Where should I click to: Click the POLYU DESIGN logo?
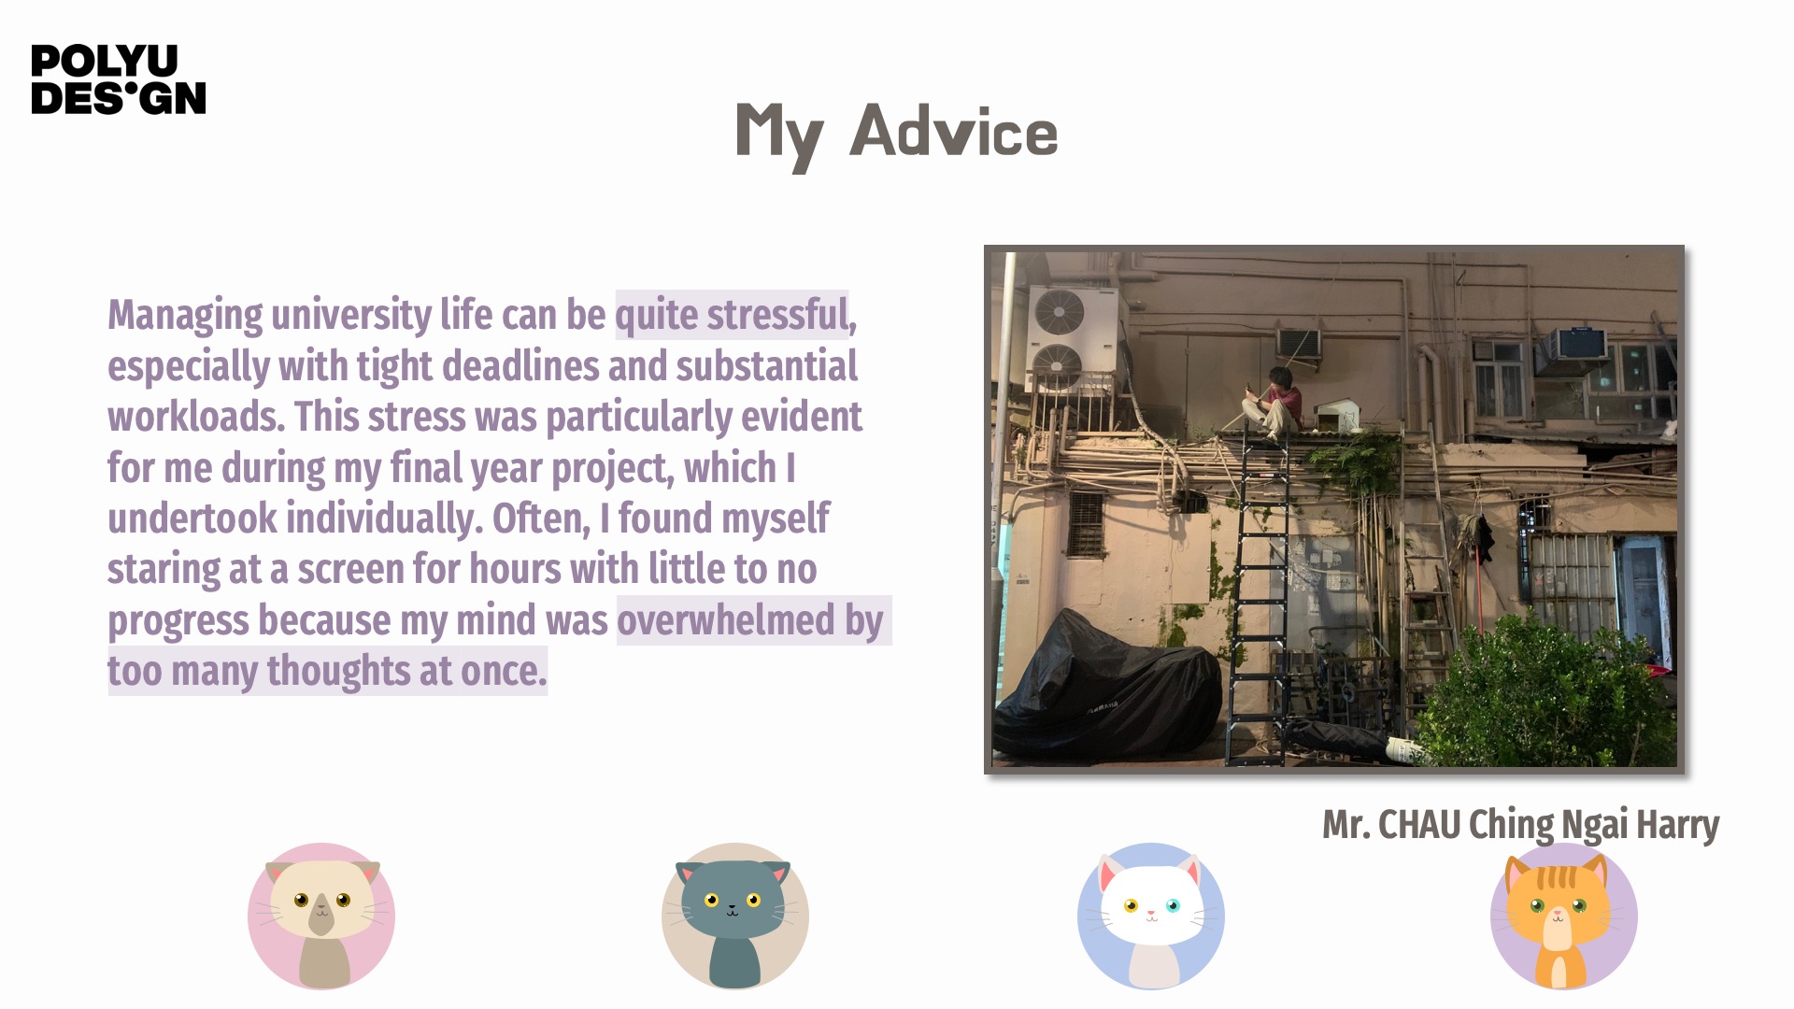pyautogui.click(x=119, y=79)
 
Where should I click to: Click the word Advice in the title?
pyautogui.click(x=954, y=131)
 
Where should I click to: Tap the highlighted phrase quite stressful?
pyautogui.click(x=732, y=315)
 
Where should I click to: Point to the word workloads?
pyautogui.click(x=196, y=417)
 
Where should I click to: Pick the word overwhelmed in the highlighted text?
pyautogui.click(x=726, y=619)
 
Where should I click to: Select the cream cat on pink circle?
pyautogui.click(x=321, y=917)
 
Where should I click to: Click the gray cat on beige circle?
pyautogui.click(x=735, y=917)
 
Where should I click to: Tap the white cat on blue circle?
pyautogui.click(x=1151, y=917)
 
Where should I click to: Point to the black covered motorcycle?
pyautogui.click(x=1106, y=687)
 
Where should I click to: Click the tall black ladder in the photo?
pyautogui.click(x=1258, y=598)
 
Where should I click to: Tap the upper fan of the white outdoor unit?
pyautogui.click(x=1061, y=311)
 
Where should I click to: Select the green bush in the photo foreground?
pyautogui.click(x=1542, y=696)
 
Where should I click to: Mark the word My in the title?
pyautogui.click(x=779, y=135)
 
